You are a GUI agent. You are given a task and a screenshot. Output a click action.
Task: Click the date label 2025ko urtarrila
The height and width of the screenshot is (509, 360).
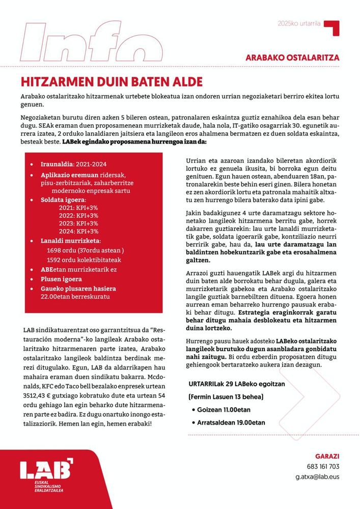tap(299, 23)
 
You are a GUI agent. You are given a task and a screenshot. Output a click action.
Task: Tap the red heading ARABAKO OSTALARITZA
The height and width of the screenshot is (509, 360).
tap(292, 58)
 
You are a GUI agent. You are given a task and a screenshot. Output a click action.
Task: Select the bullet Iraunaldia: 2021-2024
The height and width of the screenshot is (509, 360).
tap(76, 164)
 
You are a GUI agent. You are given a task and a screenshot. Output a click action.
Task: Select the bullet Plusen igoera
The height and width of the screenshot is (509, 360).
tap(60, 278)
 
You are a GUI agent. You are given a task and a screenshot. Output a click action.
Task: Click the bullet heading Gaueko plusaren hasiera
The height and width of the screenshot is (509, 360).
tap(78, 288)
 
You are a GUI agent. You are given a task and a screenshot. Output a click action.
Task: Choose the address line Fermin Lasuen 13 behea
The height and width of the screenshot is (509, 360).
tap(226, 397)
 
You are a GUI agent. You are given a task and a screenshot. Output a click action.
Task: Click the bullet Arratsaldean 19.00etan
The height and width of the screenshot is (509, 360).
tap(231, 422)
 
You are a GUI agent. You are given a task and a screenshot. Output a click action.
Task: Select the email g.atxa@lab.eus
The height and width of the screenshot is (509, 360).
tap(317, 477)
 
